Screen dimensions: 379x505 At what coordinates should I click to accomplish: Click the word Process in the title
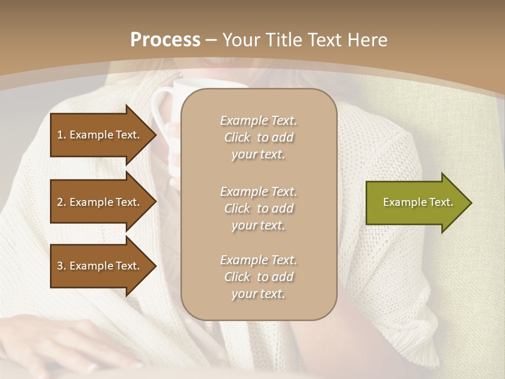tap(165, 40)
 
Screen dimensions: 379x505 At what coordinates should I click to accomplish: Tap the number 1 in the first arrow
tap(60, 135)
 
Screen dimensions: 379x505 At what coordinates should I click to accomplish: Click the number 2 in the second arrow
tap(60, 202)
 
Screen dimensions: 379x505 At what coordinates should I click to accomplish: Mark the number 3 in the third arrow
tap(60, 266)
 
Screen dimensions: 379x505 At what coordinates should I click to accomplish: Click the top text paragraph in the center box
tap(258, 137)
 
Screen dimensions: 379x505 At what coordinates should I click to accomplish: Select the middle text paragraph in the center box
tap(258, 208)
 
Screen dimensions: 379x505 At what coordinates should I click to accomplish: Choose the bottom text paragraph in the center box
tap(258, 277)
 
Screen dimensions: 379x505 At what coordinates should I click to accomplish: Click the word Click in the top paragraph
tap(237, 137)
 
